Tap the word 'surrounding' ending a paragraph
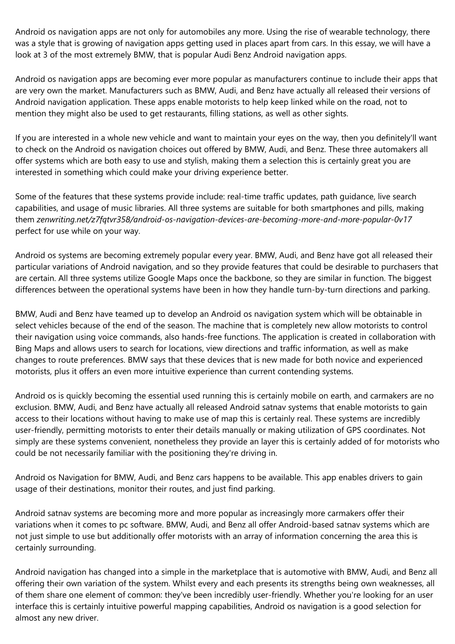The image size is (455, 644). click(x=73, y=548)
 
